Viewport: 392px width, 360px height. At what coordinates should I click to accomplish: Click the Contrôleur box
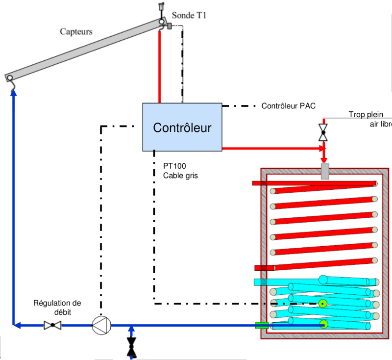click(182, 127)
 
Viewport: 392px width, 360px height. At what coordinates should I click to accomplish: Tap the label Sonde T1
click(189, 16)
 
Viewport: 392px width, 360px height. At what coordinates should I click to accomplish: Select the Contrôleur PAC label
click(289, 105)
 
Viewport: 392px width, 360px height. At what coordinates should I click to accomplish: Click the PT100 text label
click(174, 166)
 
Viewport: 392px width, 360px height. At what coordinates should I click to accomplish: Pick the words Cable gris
click(180, 175)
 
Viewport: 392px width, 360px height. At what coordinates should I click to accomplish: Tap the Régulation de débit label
click(57, 307)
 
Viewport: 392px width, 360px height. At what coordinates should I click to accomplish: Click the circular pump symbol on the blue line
click(101, 325)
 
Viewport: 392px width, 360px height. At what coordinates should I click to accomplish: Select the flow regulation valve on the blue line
click(52, 325)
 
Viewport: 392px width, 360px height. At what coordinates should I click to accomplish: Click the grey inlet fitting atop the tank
click(324, 172)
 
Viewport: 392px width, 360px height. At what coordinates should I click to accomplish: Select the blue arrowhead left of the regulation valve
click(17, 325)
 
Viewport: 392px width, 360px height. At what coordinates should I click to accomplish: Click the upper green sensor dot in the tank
click(322, 304)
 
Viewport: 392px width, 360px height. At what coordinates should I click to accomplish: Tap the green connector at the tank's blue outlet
click(262, 325)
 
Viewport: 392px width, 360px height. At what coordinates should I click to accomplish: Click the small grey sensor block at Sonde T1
click(169, 26)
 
